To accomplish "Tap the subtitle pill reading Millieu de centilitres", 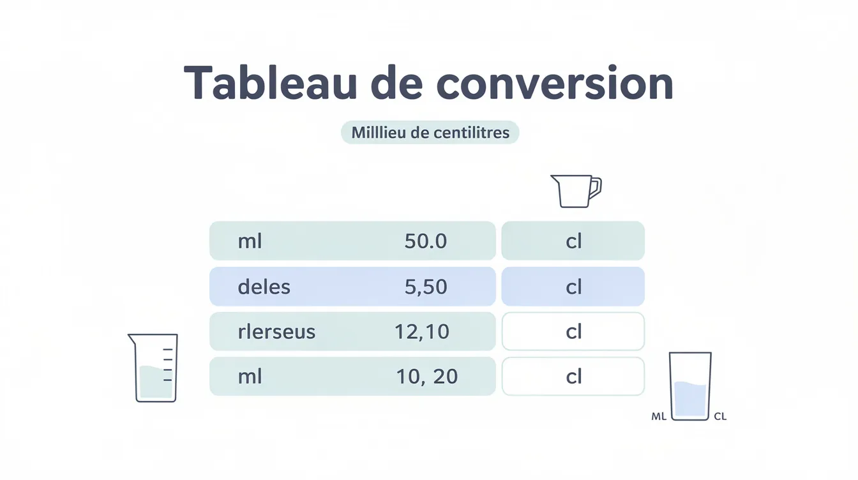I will coord(430,133).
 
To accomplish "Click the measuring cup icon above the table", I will coord(575,191).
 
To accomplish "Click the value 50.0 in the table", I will coord(425,241).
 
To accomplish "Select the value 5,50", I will coord(425,287).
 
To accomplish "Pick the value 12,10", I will coord(422,331).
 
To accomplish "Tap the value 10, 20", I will coord(426,377).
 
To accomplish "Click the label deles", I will coord(264,287).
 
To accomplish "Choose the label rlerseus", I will coord(276,332).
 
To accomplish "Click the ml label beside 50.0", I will coord(250,241).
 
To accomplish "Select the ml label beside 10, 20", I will coord(250,377).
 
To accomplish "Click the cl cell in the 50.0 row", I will coord(573,241).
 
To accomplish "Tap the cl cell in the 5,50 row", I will coord(573,287).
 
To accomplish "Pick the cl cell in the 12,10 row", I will coord(573,332).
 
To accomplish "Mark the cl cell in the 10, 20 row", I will coord(573,377).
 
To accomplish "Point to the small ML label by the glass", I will coord(659,417).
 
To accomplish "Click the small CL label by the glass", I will coord(720,417).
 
